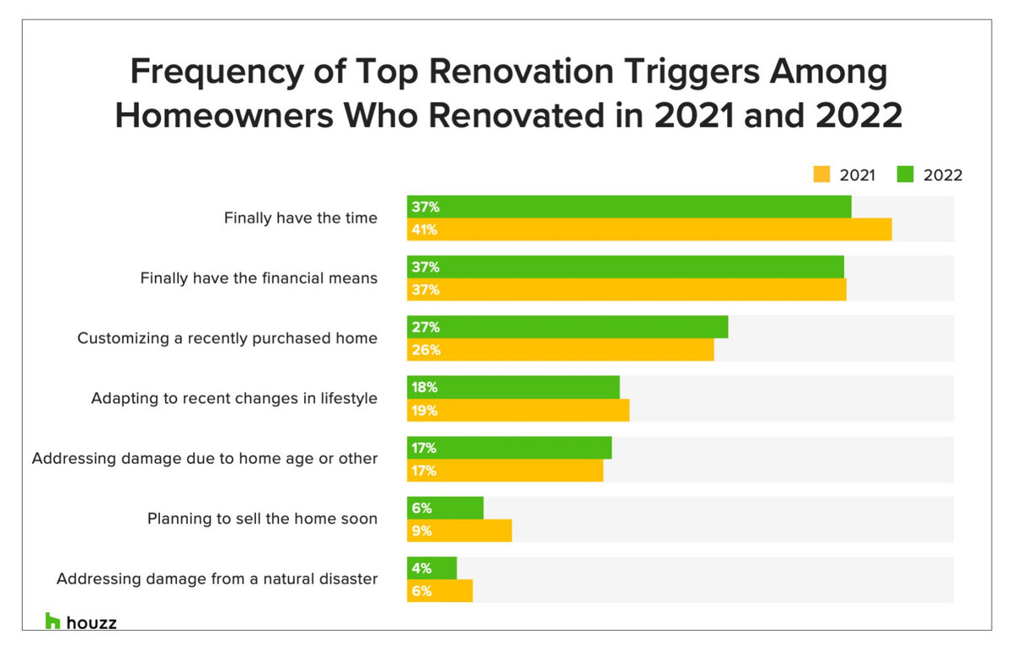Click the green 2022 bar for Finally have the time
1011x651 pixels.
point(629,207)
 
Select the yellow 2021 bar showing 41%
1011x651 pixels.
point(649,229)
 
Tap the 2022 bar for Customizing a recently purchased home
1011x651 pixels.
point(567,327)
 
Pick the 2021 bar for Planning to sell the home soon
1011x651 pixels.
point(459,530)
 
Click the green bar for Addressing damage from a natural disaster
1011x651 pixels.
point(431,568)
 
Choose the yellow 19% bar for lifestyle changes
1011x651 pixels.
point(518,410)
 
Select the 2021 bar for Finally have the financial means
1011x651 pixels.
point(626,289)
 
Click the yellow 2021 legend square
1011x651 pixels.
point(821,175)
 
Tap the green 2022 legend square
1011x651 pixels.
point(906,175)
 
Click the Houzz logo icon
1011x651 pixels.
point(53,621)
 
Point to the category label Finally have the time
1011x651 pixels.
point(300,218)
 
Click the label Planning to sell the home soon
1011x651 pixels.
point(262,519)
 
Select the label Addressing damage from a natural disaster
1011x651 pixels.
point(217,579)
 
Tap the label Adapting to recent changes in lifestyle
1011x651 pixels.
point(234,398)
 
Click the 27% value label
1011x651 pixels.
point(425,327)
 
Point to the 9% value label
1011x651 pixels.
point(422,530)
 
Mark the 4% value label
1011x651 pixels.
point(422,568)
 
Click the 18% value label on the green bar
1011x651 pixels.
point(425,387)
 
